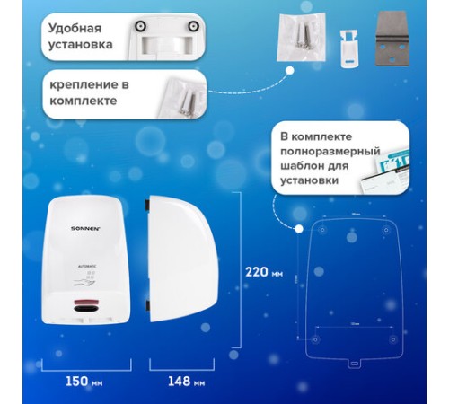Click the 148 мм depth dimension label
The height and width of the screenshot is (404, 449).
(x=185, y=381)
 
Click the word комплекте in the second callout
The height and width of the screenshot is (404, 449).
(x=82, y=101)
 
